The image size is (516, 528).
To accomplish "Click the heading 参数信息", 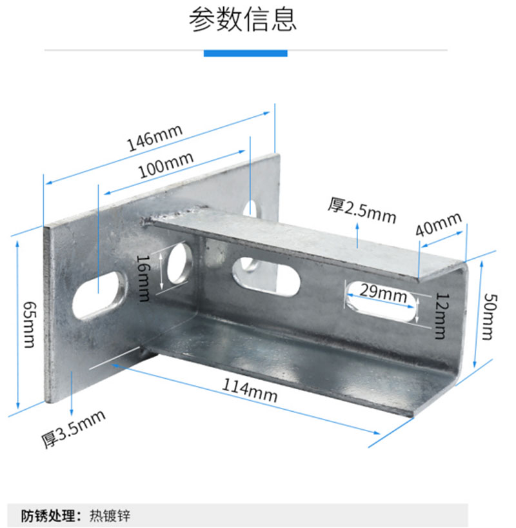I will coord(243,20).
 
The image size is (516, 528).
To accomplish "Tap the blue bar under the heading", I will coord(245,52).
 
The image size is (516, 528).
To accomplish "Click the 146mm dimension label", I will coord(155,137).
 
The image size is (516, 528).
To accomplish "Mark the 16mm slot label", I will coord(143,278).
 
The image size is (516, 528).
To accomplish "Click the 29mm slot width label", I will coord(379,292).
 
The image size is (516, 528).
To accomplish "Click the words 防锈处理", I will coord(50,516).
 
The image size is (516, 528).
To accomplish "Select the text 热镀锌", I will coord(104,516).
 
